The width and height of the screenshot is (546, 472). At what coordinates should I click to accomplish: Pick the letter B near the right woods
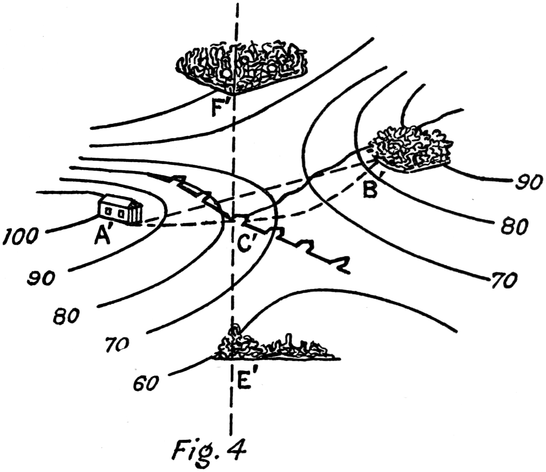click(370, 190)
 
